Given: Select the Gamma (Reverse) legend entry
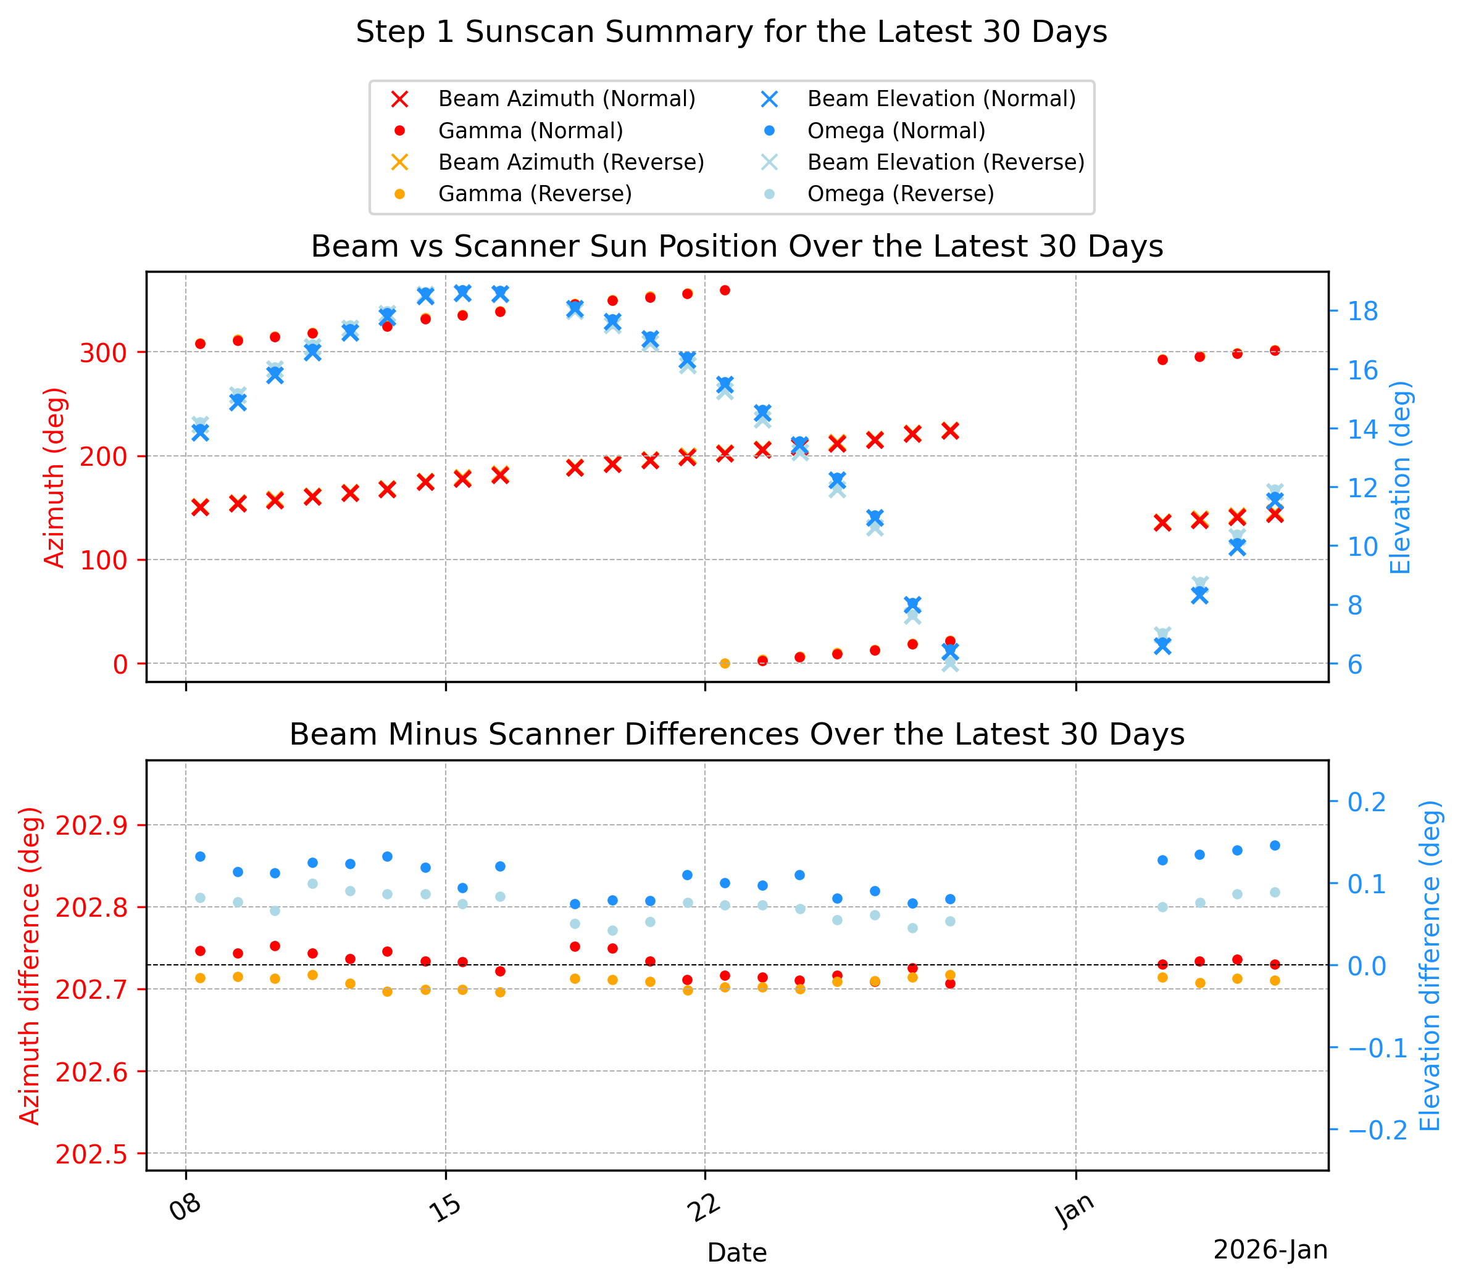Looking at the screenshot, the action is (511, 194).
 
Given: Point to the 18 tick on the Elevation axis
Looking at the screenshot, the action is (1363, 312).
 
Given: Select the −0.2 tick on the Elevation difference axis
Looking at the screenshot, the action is (1377, 1130).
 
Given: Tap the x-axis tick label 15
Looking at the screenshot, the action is (445, 1209).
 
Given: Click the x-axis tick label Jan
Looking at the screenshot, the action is (1075, 1210).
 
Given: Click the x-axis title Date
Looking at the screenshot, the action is (737, 1253).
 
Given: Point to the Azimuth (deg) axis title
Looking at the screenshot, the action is (54, 477).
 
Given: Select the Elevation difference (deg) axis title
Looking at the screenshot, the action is (1430, 965).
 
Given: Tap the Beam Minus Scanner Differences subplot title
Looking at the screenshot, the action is (737, 735).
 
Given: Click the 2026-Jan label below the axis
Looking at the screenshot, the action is (1270, 1250).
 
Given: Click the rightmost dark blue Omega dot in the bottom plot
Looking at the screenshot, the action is (1275, 845).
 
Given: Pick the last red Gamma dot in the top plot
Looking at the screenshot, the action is (1275, 350).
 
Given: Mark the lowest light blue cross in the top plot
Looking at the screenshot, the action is (950, 663).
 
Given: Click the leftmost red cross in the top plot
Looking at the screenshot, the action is (201, 507).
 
